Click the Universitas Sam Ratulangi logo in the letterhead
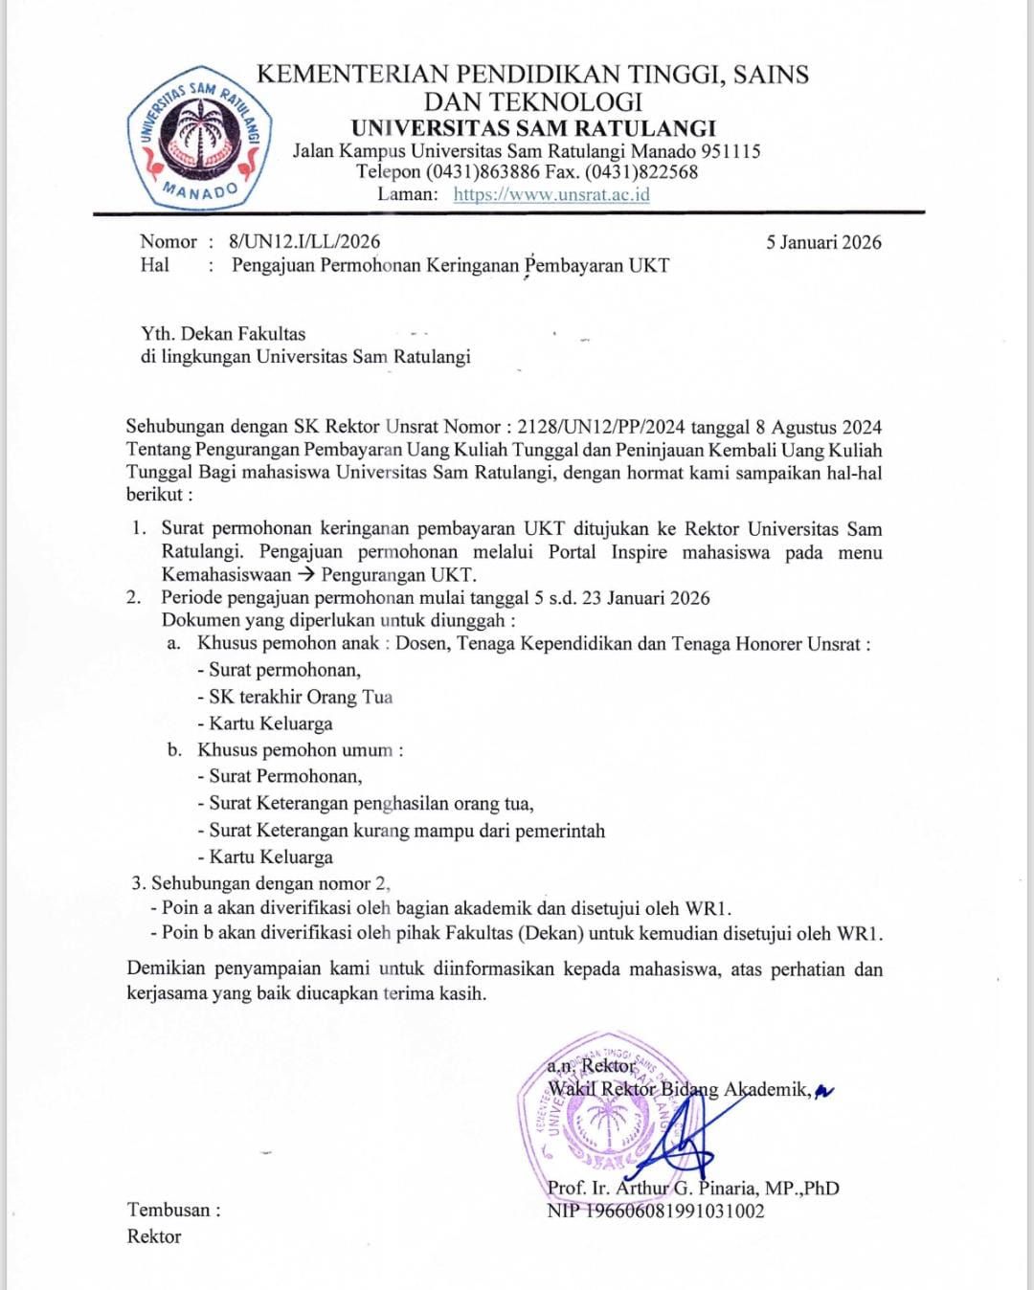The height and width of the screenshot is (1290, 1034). click(x=199, y=140)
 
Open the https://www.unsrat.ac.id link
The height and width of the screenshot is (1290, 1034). click(x=551, y=194)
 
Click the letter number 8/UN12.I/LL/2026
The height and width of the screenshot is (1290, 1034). click(x=304, y=242)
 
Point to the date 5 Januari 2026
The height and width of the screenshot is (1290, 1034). click(x=823, y=242)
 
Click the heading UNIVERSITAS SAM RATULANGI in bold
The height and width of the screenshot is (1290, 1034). click(x=533, y=128)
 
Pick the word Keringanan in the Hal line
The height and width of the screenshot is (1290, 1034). click(x=471, y=265)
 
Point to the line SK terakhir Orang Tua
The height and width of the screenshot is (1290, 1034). click(x=301, y=697)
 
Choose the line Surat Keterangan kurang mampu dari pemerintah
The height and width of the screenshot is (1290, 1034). click(x=407, y=831)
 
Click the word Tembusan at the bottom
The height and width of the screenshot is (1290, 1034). click(x=169, y=1210)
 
